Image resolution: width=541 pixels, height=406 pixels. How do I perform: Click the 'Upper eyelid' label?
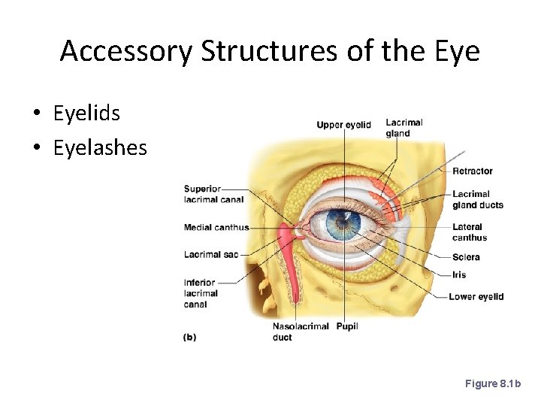click(x=343, y=125)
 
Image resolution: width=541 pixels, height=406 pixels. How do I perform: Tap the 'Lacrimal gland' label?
click(x=403, y=128)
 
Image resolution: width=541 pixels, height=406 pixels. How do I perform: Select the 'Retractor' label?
click(x=473, y=171)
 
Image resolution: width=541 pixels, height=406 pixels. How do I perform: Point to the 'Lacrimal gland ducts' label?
click(x=477, y=199)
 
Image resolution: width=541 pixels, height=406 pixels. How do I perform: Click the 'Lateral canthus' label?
click(x=470, y=232)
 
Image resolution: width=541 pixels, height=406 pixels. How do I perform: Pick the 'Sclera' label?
click(x=466, y=257)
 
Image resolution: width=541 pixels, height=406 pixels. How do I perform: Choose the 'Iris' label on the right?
click(x=459, y=275)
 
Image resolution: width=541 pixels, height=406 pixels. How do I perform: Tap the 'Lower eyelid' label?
click(x=476, y=297)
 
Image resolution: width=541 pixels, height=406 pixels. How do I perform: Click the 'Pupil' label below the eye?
click(x=347, y=326)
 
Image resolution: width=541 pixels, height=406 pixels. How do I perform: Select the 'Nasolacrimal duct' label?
click(x=292, y=332)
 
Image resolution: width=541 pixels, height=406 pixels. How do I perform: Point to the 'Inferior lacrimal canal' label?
click(x=201, y=293)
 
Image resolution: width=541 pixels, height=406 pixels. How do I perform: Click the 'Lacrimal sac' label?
click(x=210, y=255)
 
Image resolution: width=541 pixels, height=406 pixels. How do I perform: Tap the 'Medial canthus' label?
click(x=216, y=228)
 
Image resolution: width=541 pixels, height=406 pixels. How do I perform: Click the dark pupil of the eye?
click(x=343, y=222)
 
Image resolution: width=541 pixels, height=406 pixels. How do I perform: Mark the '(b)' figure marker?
click(x=189, y=338)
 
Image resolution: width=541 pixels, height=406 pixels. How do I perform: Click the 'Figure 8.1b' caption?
click(x=492, y=384)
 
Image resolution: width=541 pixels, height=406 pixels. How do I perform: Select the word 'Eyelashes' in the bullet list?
click(x=100, y=147)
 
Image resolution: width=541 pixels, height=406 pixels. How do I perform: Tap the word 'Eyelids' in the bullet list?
click(x=86, y=114)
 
